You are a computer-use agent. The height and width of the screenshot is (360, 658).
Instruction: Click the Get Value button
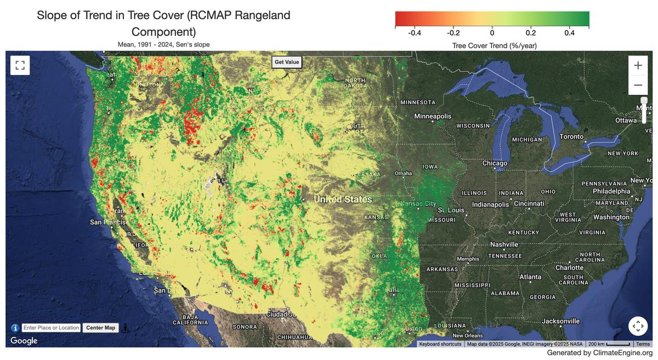pyautogui.click(x=287, y=62)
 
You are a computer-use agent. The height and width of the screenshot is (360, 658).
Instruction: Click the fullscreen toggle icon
pyautogui.click(x=20, y=66)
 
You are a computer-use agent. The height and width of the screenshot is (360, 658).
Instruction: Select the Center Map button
pyautogui.click(x=101, y=328)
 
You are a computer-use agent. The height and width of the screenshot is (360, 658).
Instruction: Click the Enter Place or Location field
pyautogui.click(x=52, y=328)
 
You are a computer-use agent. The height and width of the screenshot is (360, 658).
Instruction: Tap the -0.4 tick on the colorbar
pyautogui.click(x=415, y=32)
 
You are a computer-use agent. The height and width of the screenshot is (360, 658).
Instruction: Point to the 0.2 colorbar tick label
pyautogui.click(x=531, y=32)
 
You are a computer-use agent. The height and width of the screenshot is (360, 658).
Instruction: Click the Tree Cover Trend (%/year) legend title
pyautogui.click(x=494, y=45)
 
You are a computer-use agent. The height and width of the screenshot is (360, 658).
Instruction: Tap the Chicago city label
pyautogui.click(x=495, y=163)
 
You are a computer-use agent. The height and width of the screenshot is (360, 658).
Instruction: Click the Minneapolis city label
pyautogui.click(x=433, y=116)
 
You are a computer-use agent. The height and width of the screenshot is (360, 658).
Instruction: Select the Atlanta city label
pyautogui.click(x=530, y=277)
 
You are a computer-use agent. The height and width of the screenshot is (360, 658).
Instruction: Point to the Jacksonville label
pyautogui.click(x=560, y=321)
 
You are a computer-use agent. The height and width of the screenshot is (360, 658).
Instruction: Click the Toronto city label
pyautogui.click(x=571, y=136)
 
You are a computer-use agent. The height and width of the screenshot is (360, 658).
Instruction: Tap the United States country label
pyautogui.click(x=343, y=199)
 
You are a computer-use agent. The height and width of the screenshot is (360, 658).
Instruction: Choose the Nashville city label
pyautogui.click(x=504, y=244)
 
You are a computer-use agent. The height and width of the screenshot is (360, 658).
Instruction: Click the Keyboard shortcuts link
pyautogui.click(x=440, y=344)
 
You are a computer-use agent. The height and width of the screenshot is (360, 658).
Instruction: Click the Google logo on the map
pyautogui.click(x=24, y=341)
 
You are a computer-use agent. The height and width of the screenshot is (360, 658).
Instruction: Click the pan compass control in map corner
pyautogui.click(x=638, y=326)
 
